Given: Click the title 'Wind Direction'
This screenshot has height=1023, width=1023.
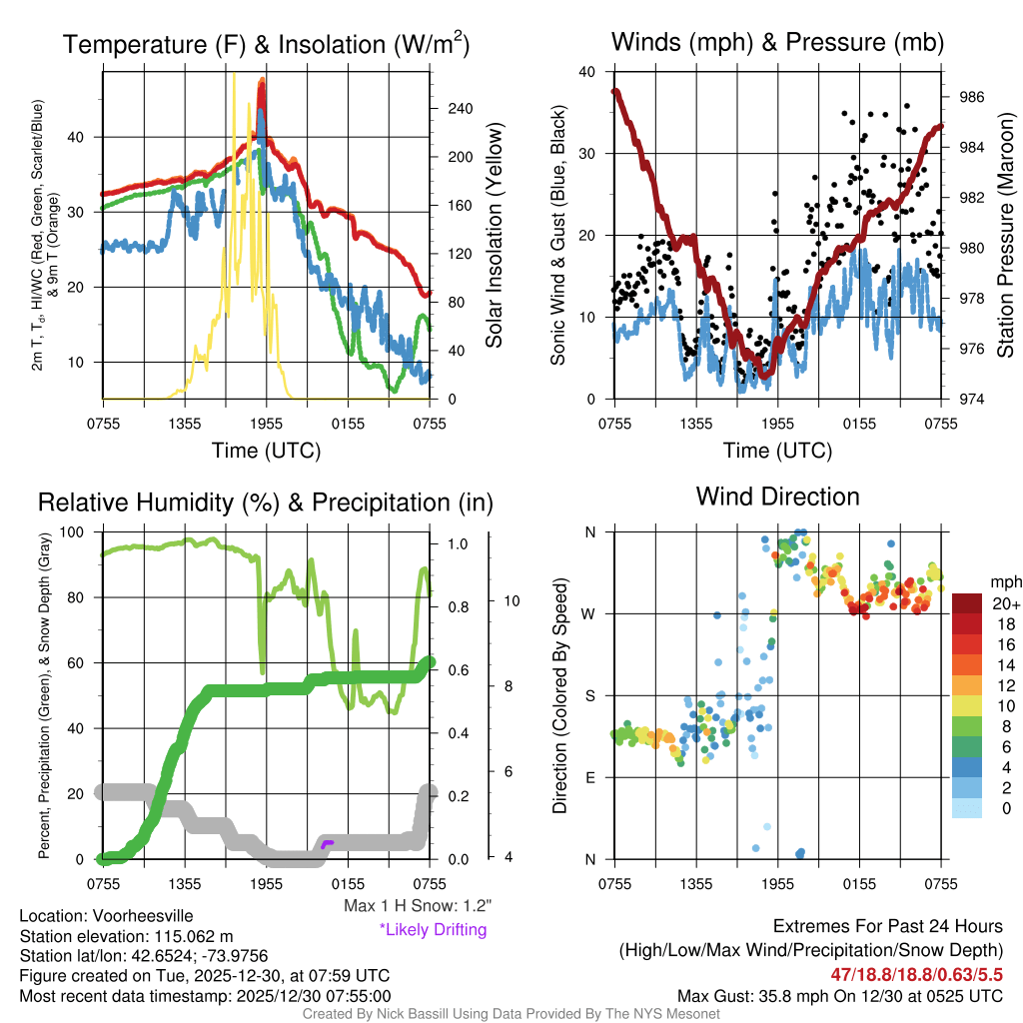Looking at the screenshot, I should coord(777,497).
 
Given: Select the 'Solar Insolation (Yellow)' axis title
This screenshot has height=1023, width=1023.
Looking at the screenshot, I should coord(495,236).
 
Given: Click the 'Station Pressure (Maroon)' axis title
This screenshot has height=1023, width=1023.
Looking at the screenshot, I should coord(1005,236).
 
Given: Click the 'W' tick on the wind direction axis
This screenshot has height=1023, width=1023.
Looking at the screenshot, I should coord(590,614).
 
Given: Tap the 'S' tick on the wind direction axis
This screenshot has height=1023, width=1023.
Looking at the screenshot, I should coord(590,696).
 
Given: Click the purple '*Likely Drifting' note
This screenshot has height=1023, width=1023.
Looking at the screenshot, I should coord(433,930).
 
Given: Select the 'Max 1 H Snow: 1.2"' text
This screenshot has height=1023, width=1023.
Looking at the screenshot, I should coord(417,906).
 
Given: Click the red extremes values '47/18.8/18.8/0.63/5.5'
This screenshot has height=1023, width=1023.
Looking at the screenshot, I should coord(916,973).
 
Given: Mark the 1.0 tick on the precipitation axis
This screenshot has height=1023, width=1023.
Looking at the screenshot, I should coord(458,544).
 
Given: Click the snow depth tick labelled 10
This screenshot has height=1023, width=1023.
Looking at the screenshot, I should coord(508,601).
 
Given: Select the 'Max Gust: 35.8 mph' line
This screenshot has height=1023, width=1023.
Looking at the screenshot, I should coord(840,995).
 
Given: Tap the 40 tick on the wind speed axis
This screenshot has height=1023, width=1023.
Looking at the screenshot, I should coord(587,72).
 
